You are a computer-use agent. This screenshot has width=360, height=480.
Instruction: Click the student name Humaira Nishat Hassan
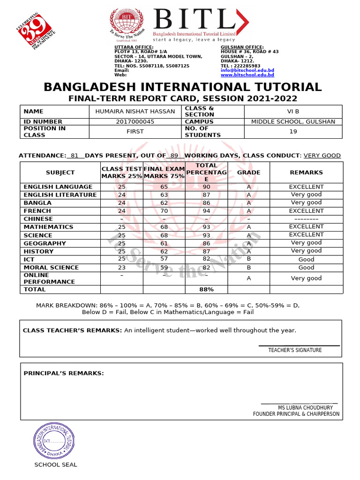click(x=135, y=112)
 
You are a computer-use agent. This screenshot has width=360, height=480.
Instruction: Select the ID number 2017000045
click(x=135, y=121)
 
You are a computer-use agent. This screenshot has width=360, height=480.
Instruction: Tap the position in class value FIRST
click(x=135, y=132)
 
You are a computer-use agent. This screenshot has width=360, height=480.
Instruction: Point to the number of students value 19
click(x=293, y=132)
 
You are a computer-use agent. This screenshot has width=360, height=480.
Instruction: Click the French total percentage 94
click(x=206, y=211)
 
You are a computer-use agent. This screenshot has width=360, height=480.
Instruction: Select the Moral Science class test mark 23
click(x=122, y=267)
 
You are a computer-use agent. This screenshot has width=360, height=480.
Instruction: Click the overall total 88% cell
click(x=206, y=290)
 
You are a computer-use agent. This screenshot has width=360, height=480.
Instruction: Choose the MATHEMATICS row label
click(x=48, y=227)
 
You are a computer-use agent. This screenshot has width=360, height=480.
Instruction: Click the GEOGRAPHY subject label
click(x=45, y=243)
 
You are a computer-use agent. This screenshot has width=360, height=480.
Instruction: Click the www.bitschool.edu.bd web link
click(x=247, y=75)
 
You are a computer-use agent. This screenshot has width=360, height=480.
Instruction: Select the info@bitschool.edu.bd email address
click(x=247, y=70)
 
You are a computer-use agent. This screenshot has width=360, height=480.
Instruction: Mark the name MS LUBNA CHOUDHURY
click(x=305, y=408)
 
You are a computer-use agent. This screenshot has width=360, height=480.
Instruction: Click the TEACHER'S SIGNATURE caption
click(x=295, y=350)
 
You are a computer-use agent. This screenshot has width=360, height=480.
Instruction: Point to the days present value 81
click(x=75, y=156)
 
